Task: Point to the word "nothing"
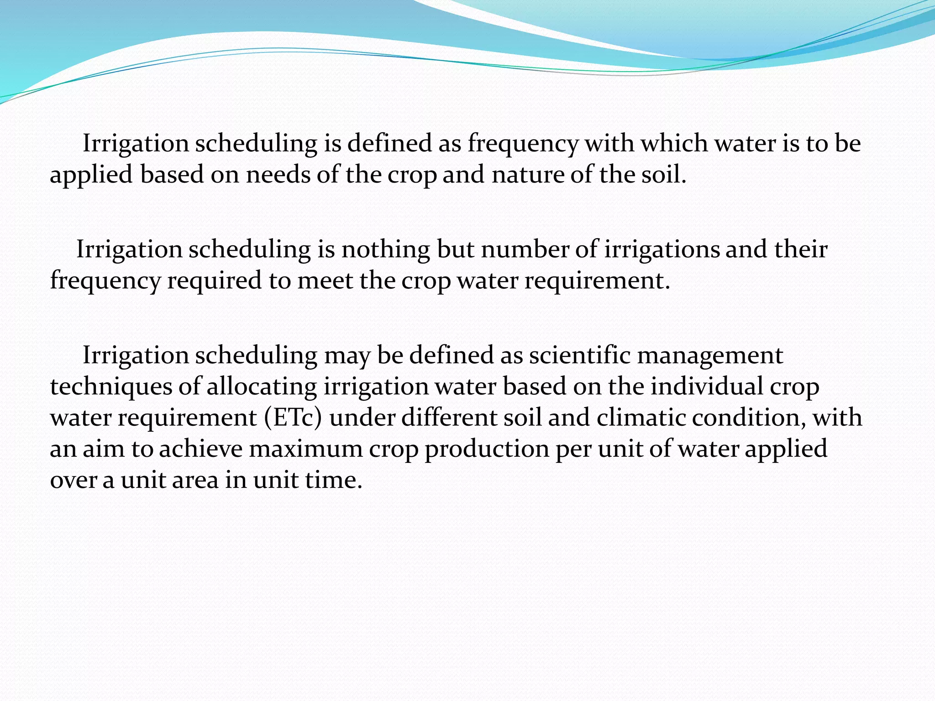coord(386,250)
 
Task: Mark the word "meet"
coord(325,281)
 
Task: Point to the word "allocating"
coord(262,387)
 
